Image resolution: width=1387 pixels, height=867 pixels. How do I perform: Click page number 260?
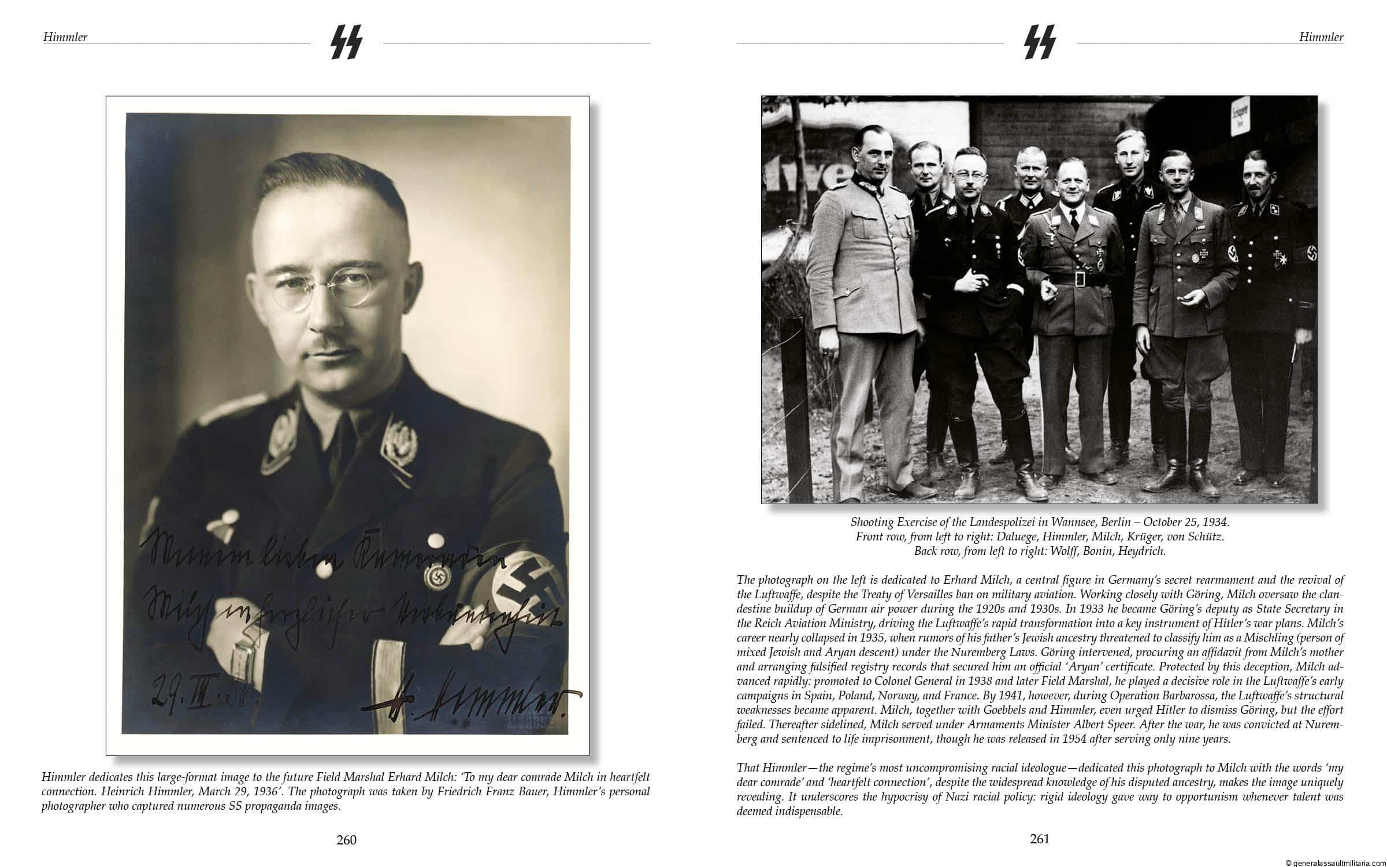346,840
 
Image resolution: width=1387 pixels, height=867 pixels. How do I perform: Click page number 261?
1039,838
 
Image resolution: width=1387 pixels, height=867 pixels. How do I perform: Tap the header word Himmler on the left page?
65,37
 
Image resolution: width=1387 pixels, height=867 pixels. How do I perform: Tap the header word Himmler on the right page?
1321,37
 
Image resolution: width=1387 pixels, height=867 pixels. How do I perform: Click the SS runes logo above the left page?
346,42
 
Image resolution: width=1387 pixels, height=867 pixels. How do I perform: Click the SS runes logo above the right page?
1040,42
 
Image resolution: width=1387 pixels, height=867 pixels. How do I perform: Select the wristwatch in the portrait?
239,659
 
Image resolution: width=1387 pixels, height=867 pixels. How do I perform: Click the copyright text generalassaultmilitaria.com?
1335,862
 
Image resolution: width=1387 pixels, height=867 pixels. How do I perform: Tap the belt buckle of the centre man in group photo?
1074,279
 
